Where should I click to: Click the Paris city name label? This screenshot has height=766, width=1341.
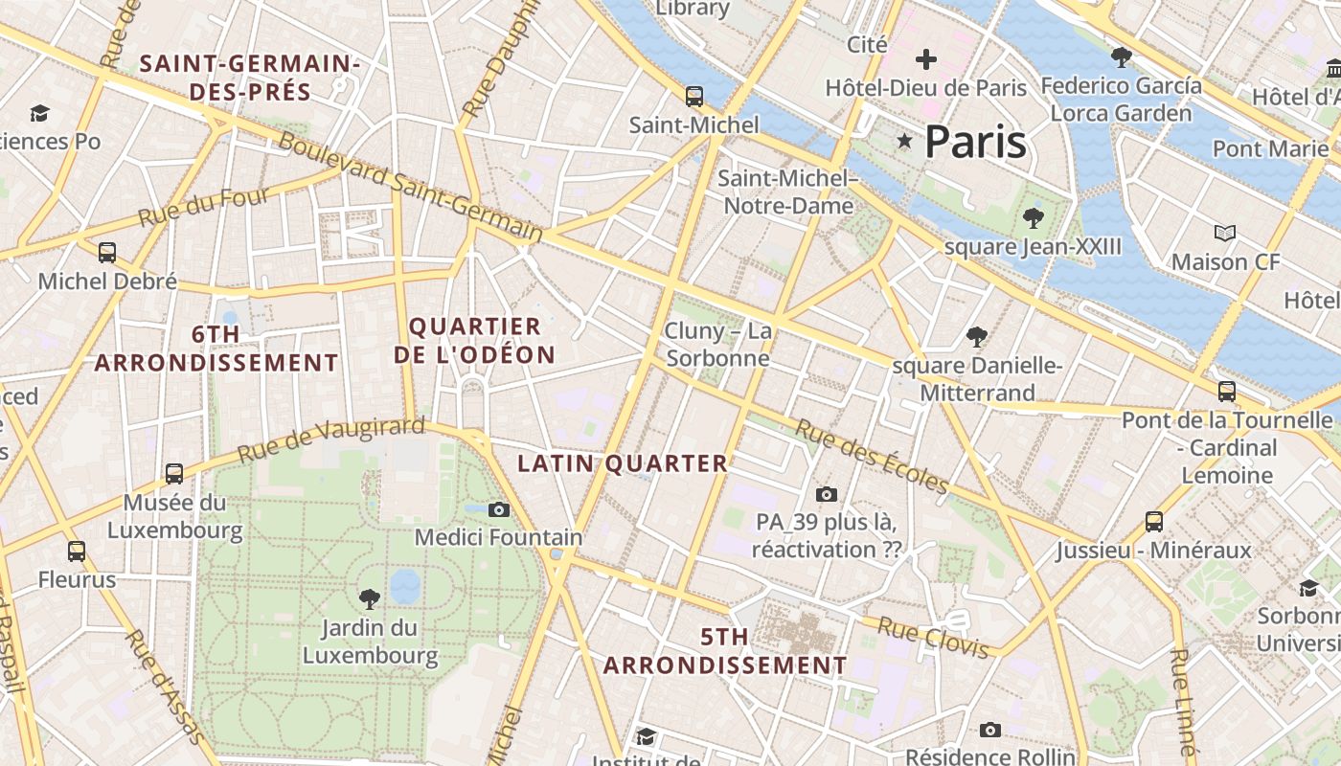pyautogui.click(x=975, y=142)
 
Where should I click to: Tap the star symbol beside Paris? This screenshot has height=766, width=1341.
pyautogui.click(x=904, y=142)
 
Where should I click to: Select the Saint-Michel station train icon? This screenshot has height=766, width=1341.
pyautogui.click(x=693, y=97)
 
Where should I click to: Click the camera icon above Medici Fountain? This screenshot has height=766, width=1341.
pyautogui.click(x=498, y=509)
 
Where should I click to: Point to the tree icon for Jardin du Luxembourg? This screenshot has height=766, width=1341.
pyautogui.click(x=369, y=599)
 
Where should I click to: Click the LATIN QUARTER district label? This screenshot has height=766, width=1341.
pyautogui.click(x=623, y=464)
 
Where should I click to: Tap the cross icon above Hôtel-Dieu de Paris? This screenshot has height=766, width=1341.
pyautogui.click(x=925, y=60)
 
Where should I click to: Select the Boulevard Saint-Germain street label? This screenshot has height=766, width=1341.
pyautogui.click(x=410, y=186)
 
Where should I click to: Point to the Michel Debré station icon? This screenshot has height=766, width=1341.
pyautogui.click(x=107, y=253)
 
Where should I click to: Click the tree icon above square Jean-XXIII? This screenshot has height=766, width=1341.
pyautogui.click(x=1033, y=218)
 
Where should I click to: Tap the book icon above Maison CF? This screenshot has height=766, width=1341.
pyautogui.click(x=1224, y=233)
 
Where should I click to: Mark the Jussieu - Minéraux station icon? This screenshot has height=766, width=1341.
pyautogui.click(x=1154, y=522)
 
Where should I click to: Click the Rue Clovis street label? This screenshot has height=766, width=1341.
pyautogui.click(x=933, y=639)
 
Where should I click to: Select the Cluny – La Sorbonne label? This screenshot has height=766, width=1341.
pyautogui.click(x=718, y=345)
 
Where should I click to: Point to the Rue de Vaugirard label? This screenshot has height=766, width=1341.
pyautogui.click(x=330, y=439)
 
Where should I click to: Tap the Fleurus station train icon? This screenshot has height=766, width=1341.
pyautogui.click(x=77, y=552)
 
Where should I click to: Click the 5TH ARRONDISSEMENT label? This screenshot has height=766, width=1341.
pyautogui.click(x=724, y=651)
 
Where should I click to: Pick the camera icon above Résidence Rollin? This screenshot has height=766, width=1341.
pyautogui.click(x=990, y=731)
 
